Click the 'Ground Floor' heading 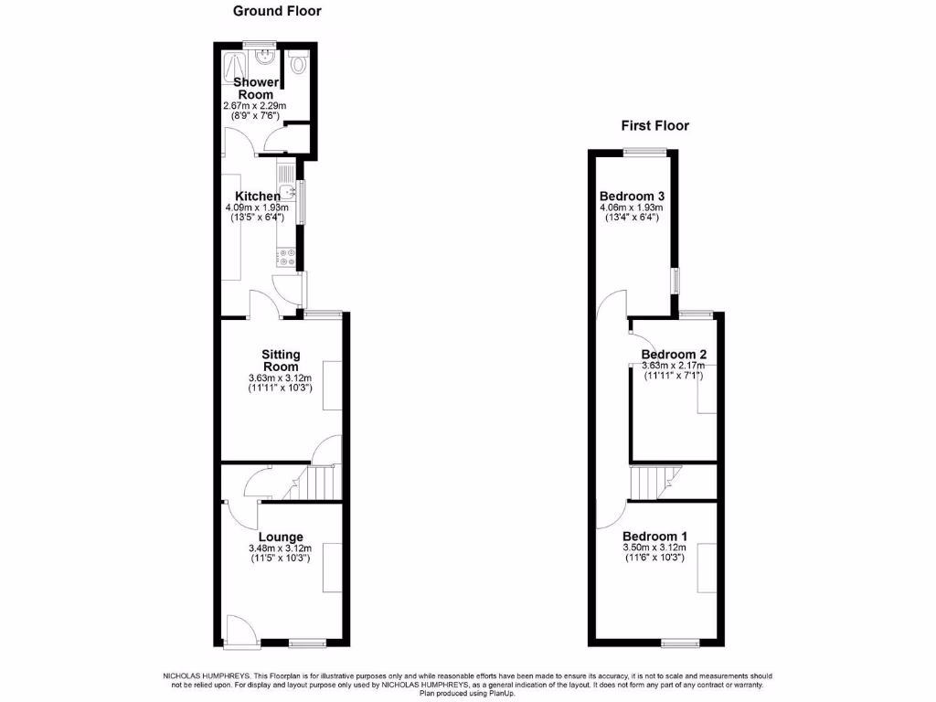click(x=277, y=11)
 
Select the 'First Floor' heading click(x=654, y=126)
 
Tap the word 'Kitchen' click(x=258, y=197)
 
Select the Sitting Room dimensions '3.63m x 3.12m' click(x=280, y=378)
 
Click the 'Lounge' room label click(x=280, y=537)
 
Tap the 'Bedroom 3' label click(x=632, y=197)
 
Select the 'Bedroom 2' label click(x=674, y=355)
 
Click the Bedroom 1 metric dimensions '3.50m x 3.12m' click(x=654, y=548)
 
